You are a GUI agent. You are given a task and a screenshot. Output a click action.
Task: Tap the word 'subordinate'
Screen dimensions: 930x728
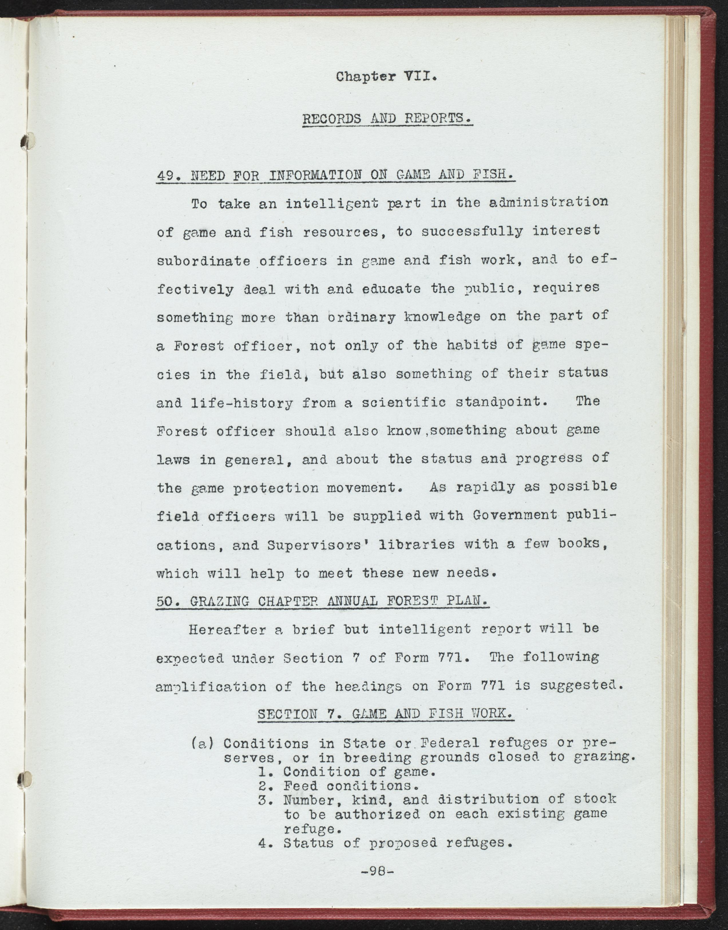[203, 261]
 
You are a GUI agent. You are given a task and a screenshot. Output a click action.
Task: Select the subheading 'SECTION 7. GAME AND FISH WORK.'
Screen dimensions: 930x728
[385, 714]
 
